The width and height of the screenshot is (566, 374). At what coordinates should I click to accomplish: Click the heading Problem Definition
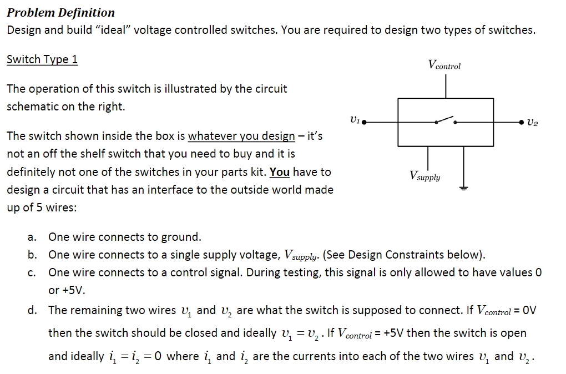[x=61, y=12]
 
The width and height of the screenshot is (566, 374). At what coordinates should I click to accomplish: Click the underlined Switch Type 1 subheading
[x=42, y=59]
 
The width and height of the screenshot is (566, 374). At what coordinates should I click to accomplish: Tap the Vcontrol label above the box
[x=444, y=65]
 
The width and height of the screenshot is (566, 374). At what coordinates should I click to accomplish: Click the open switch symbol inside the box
[x=445, y=120]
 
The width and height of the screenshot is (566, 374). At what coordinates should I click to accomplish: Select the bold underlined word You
[x=280, y=172]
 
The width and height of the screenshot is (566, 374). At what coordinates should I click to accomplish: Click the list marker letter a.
[x=32, y=237]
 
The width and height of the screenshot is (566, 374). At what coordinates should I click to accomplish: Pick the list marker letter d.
[x=32, y=310]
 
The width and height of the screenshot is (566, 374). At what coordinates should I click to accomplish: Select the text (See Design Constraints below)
[x=403, y=255]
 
